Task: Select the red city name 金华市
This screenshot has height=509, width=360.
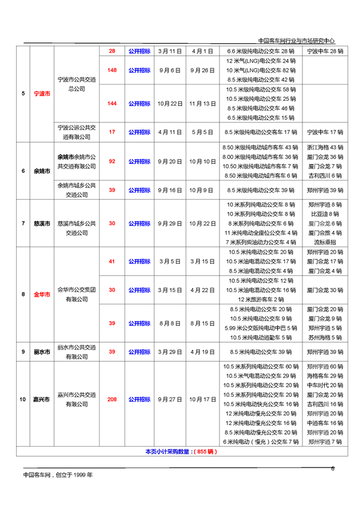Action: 42,294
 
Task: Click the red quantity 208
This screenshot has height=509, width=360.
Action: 112,399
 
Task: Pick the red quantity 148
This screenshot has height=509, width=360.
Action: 112,70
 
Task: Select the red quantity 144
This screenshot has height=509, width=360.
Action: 112,103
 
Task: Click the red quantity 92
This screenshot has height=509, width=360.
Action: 112,161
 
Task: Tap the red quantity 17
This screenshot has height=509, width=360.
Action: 112,131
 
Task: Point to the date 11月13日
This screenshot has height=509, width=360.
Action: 202,103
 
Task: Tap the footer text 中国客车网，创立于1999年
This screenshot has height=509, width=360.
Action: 58,475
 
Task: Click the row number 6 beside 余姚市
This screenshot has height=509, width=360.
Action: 23,171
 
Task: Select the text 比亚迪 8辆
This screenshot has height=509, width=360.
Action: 325,214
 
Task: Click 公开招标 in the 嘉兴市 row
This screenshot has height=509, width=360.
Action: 139,399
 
